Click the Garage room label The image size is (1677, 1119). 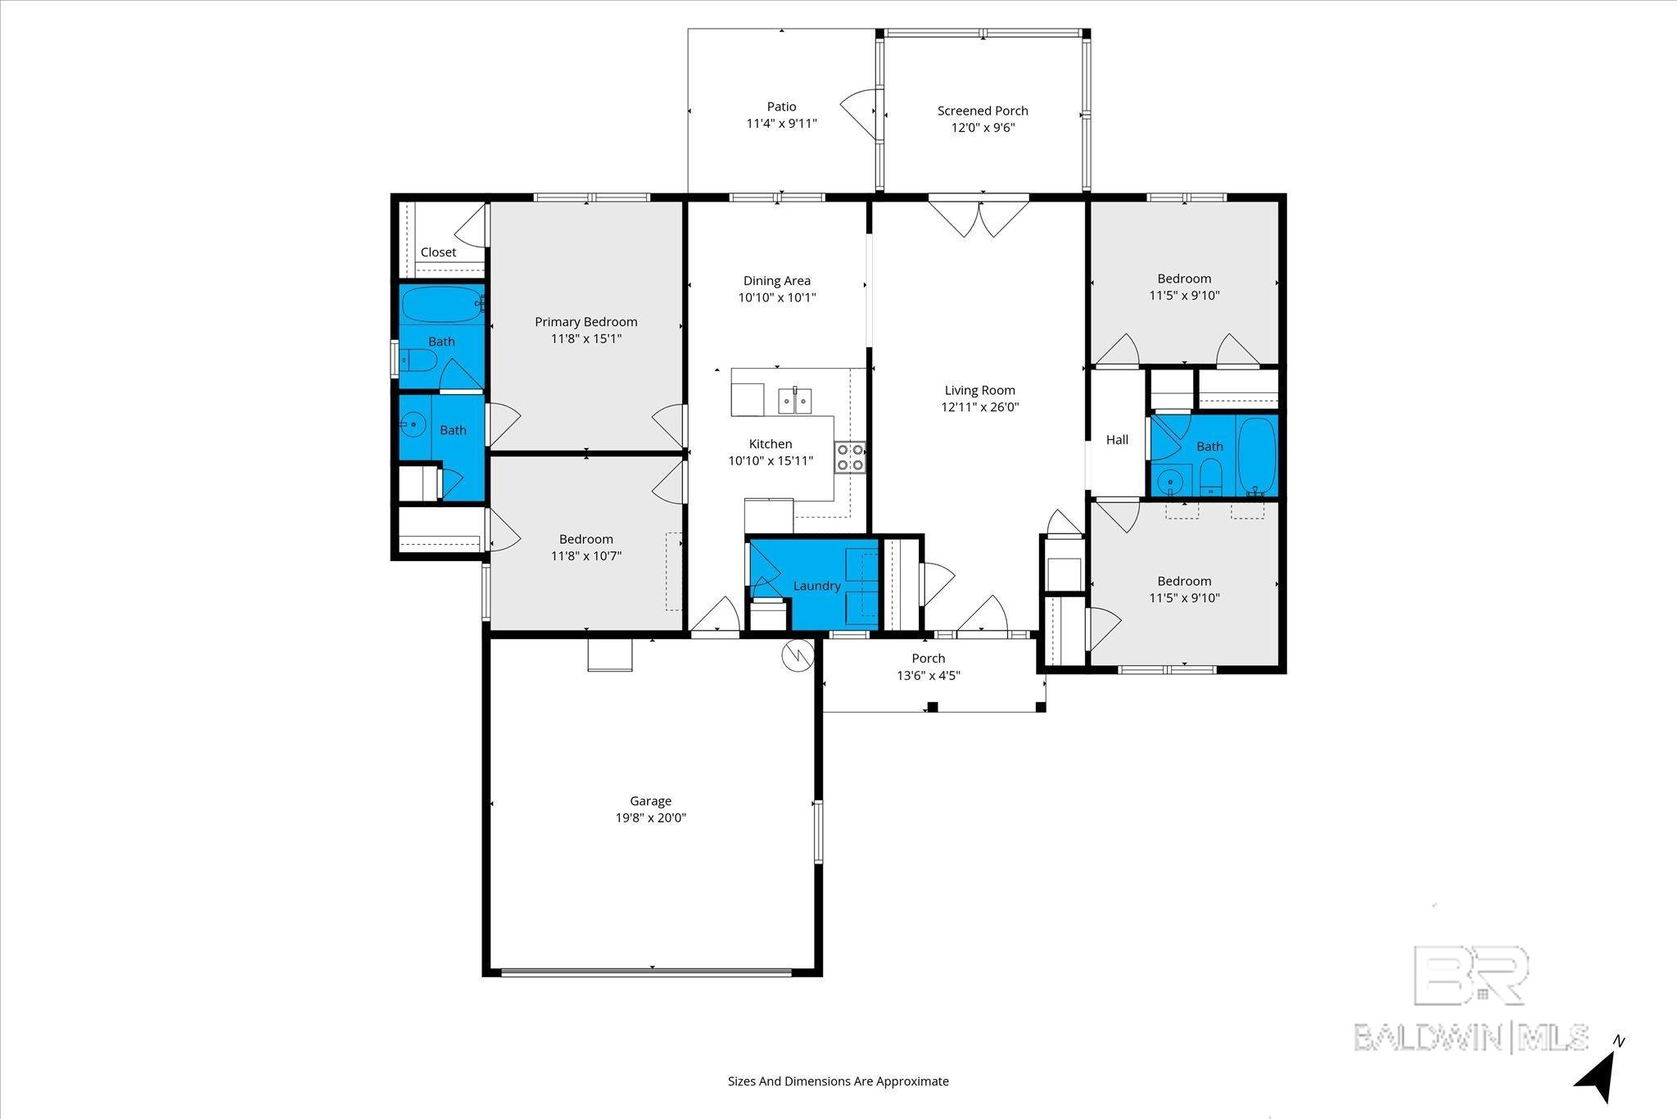point(650,801)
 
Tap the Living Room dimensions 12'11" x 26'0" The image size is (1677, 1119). point(979,407)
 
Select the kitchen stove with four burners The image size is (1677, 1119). point(850,457)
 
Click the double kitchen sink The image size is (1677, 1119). point(794,401)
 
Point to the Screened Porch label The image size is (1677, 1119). point(983,111)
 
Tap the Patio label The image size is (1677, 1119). point(781,106)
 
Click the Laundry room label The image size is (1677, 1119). point(816,586)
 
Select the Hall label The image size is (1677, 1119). point(1117,440)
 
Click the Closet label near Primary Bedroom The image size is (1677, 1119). point(438,252)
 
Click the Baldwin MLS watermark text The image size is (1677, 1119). point(1471,1037)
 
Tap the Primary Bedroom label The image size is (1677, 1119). point(586,322)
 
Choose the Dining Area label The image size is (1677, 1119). point(777,281)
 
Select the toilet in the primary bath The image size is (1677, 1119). point(417,360)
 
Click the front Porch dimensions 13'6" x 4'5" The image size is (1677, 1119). point(929,676)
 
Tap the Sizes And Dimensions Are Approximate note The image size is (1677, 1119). point(838,1081)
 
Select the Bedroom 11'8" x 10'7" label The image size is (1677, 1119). point(586,547)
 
